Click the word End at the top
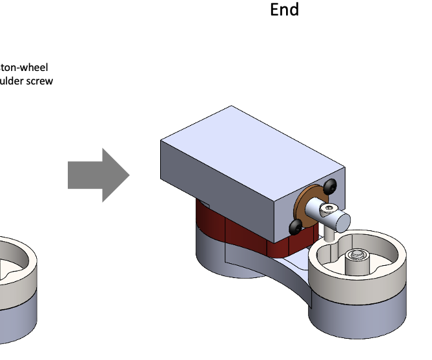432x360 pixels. (284, 10)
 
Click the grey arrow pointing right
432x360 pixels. (98, 175)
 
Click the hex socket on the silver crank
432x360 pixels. (330, 208)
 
